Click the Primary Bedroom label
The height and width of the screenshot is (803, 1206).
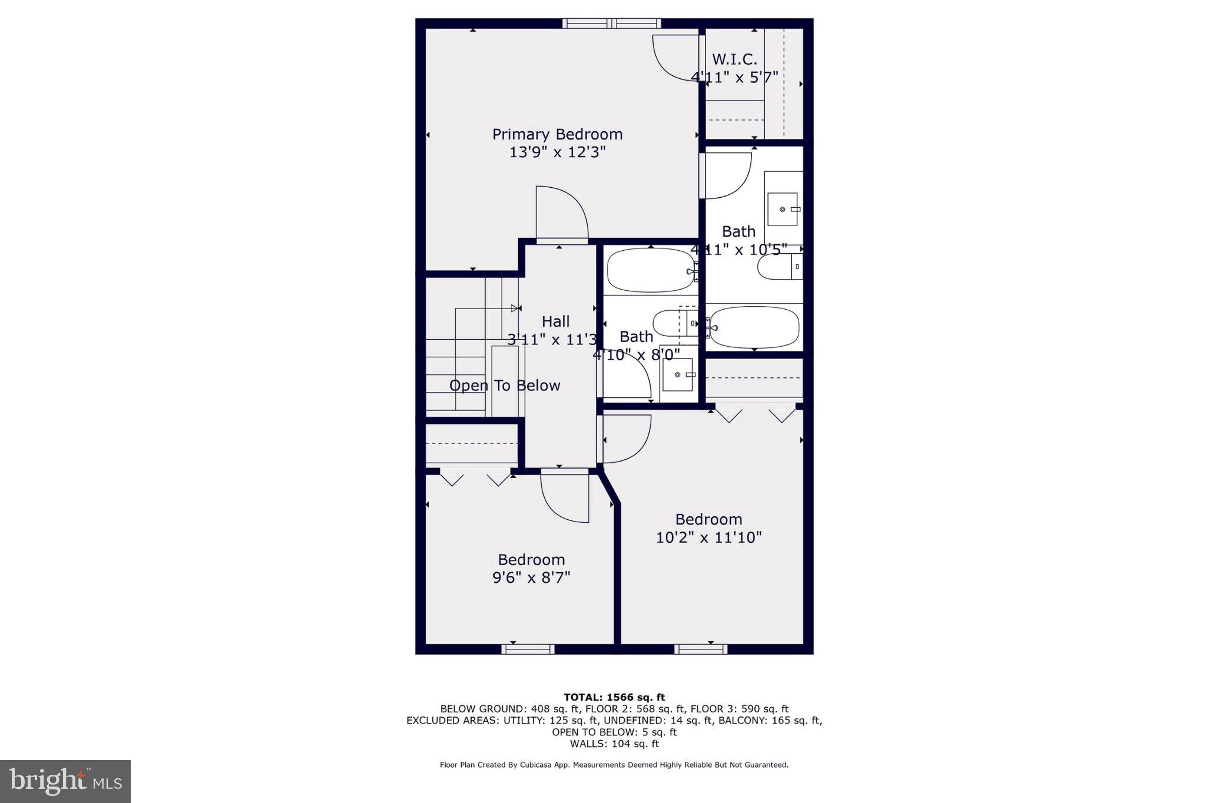[x=557, y=134]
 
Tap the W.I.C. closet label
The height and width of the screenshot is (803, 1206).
[x=734, y=59]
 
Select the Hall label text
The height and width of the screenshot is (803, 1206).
[x=555, y=321]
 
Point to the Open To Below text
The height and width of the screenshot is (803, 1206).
[x=505, y=386]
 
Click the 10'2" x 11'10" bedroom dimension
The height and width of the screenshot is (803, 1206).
[x=709, y=537]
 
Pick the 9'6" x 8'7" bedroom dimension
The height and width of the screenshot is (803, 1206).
[x=531, y=578]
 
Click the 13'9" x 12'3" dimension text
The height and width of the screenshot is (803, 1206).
[x=557, y=152]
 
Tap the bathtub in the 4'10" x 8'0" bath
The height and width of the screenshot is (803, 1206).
[x=651, y=270]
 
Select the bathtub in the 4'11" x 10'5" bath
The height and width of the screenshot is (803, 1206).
[x=755, y=327]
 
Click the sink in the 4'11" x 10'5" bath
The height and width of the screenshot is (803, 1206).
[x=783, y=209]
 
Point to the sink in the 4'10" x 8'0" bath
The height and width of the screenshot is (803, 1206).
[x=677, y=375]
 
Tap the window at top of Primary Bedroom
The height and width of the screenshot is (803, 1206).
[x=611, y=24]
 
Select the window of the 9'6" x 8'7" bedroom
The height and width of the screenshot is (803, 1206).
[x=528, y=649]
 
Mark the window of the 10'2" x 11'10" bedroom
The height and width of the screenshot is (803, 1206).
[x=700, y=649]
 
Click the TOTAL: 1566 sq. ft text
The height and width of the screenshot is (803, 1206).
[x=614, y=698]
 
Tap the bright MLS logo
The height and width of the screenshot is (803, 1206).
[x=65, y=781]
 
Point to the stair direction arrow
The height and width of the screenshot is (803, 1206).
[x=516, y=308]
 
